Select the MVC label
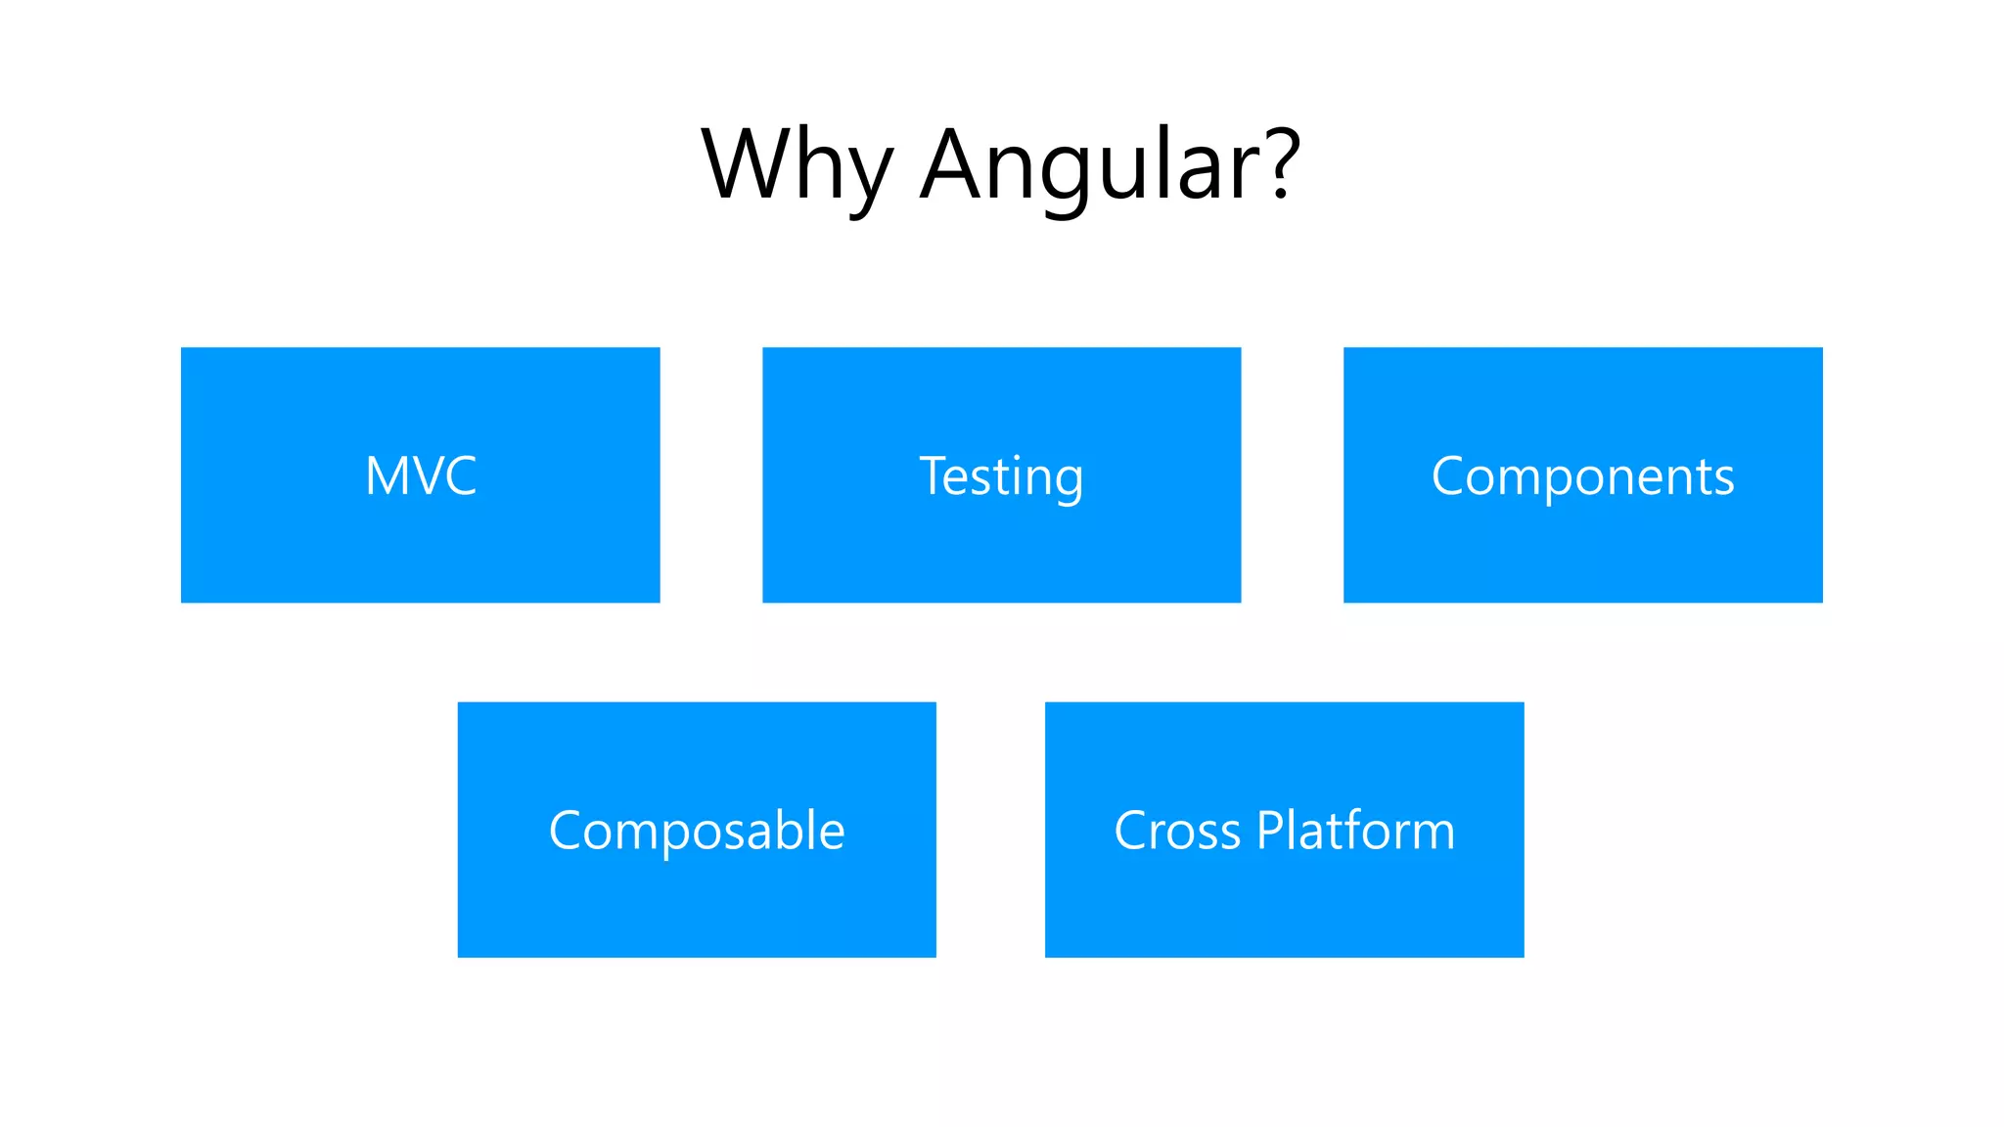[x=421, y=476]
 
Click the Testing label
[x=1001, y=477]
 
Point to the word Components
[x=1582, y=477]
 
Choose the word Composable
[x=697, y=832]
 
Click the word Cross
[x=1177, y=832]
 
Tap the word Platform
[x=1355, y=832]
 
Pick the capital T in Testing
[x=935, y=475]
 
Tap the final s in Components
[x=1723, y=480]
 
